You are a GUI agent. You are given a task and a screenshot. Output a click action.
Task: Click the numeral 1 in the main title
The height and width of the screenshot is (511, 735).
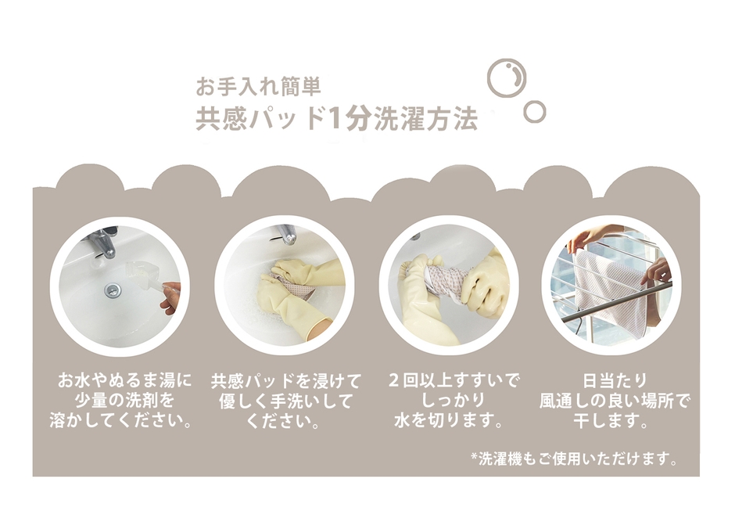[x=333, y=119]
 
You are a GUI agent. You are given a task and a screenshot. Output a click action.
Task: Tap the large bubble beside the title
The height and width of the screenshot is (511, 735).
[x=507, y=77]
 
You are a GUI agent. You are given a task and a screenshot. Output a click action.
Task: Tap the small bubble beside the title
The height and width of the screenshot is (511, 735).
[x=535, y=112]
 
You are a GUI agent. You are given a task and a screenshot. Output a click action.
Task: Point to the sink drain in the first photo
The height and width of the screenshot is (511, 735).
[x=114, y=291]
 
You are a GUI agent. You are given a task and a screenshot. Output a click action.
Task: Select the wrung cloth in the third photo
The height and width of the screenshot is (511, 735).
[x=444, y=282]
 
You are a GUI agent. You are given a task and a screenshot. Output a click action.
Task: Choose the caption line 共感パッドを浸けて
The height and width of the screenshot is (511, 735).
[x=287, y=382]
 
